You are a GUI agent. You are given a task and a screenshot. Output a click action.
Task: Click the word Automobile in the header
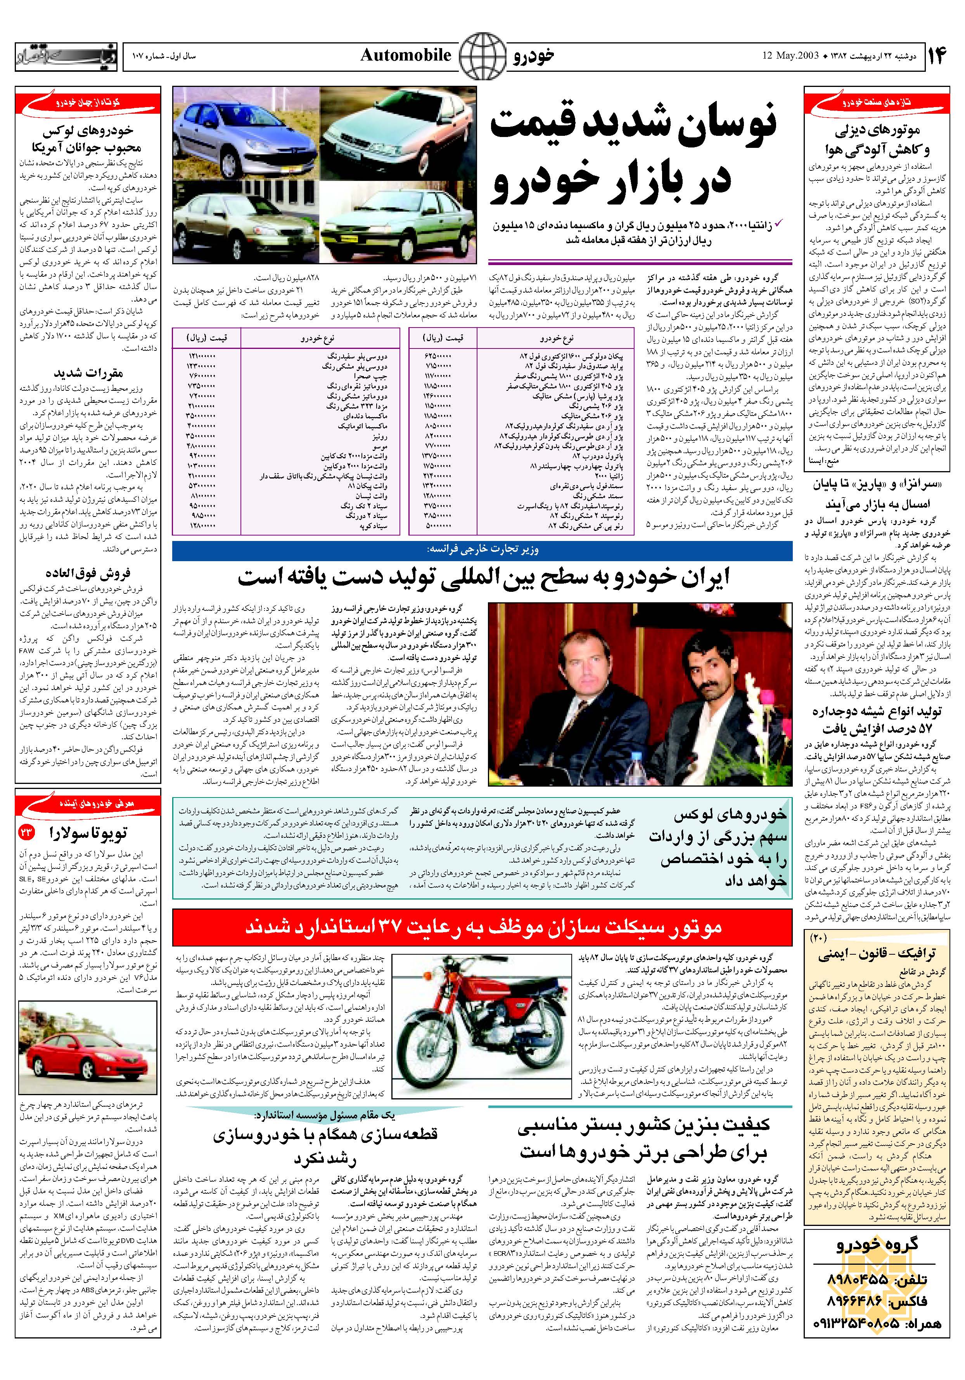tap(406, 56)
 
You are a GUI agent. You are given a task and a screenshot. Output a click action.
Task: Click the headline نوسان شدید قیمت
tap(633, 126)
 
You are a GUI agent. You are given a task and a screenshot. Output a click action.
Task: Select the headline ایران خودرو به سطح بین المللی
tap(483, 577)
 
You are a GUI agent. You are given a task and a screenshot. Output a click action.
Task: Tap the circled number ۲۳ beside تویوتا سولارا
tap(27, 832)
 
